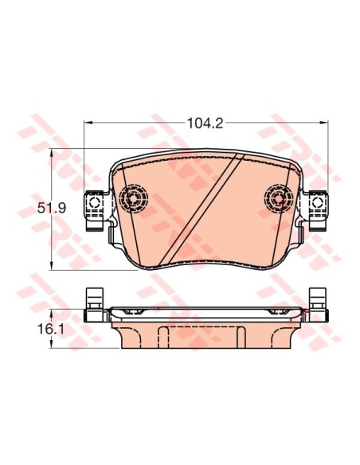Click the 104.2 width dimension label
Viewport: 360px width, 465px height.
coord(205,123)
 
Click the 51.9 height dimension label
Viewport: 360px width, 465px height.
coord(52,208)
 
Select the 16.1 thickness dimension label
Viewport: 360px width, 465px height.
coord(51,329)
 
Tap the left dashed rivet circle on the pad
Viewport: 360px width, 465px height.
coord(133,198)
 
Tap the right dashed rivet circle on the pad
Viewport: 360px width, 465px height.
coord(279,198)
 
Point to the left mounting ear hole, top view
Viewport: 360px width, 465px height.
coord(95,203)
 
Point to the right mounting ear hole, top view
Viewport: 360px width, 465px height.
coord(317,203)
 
